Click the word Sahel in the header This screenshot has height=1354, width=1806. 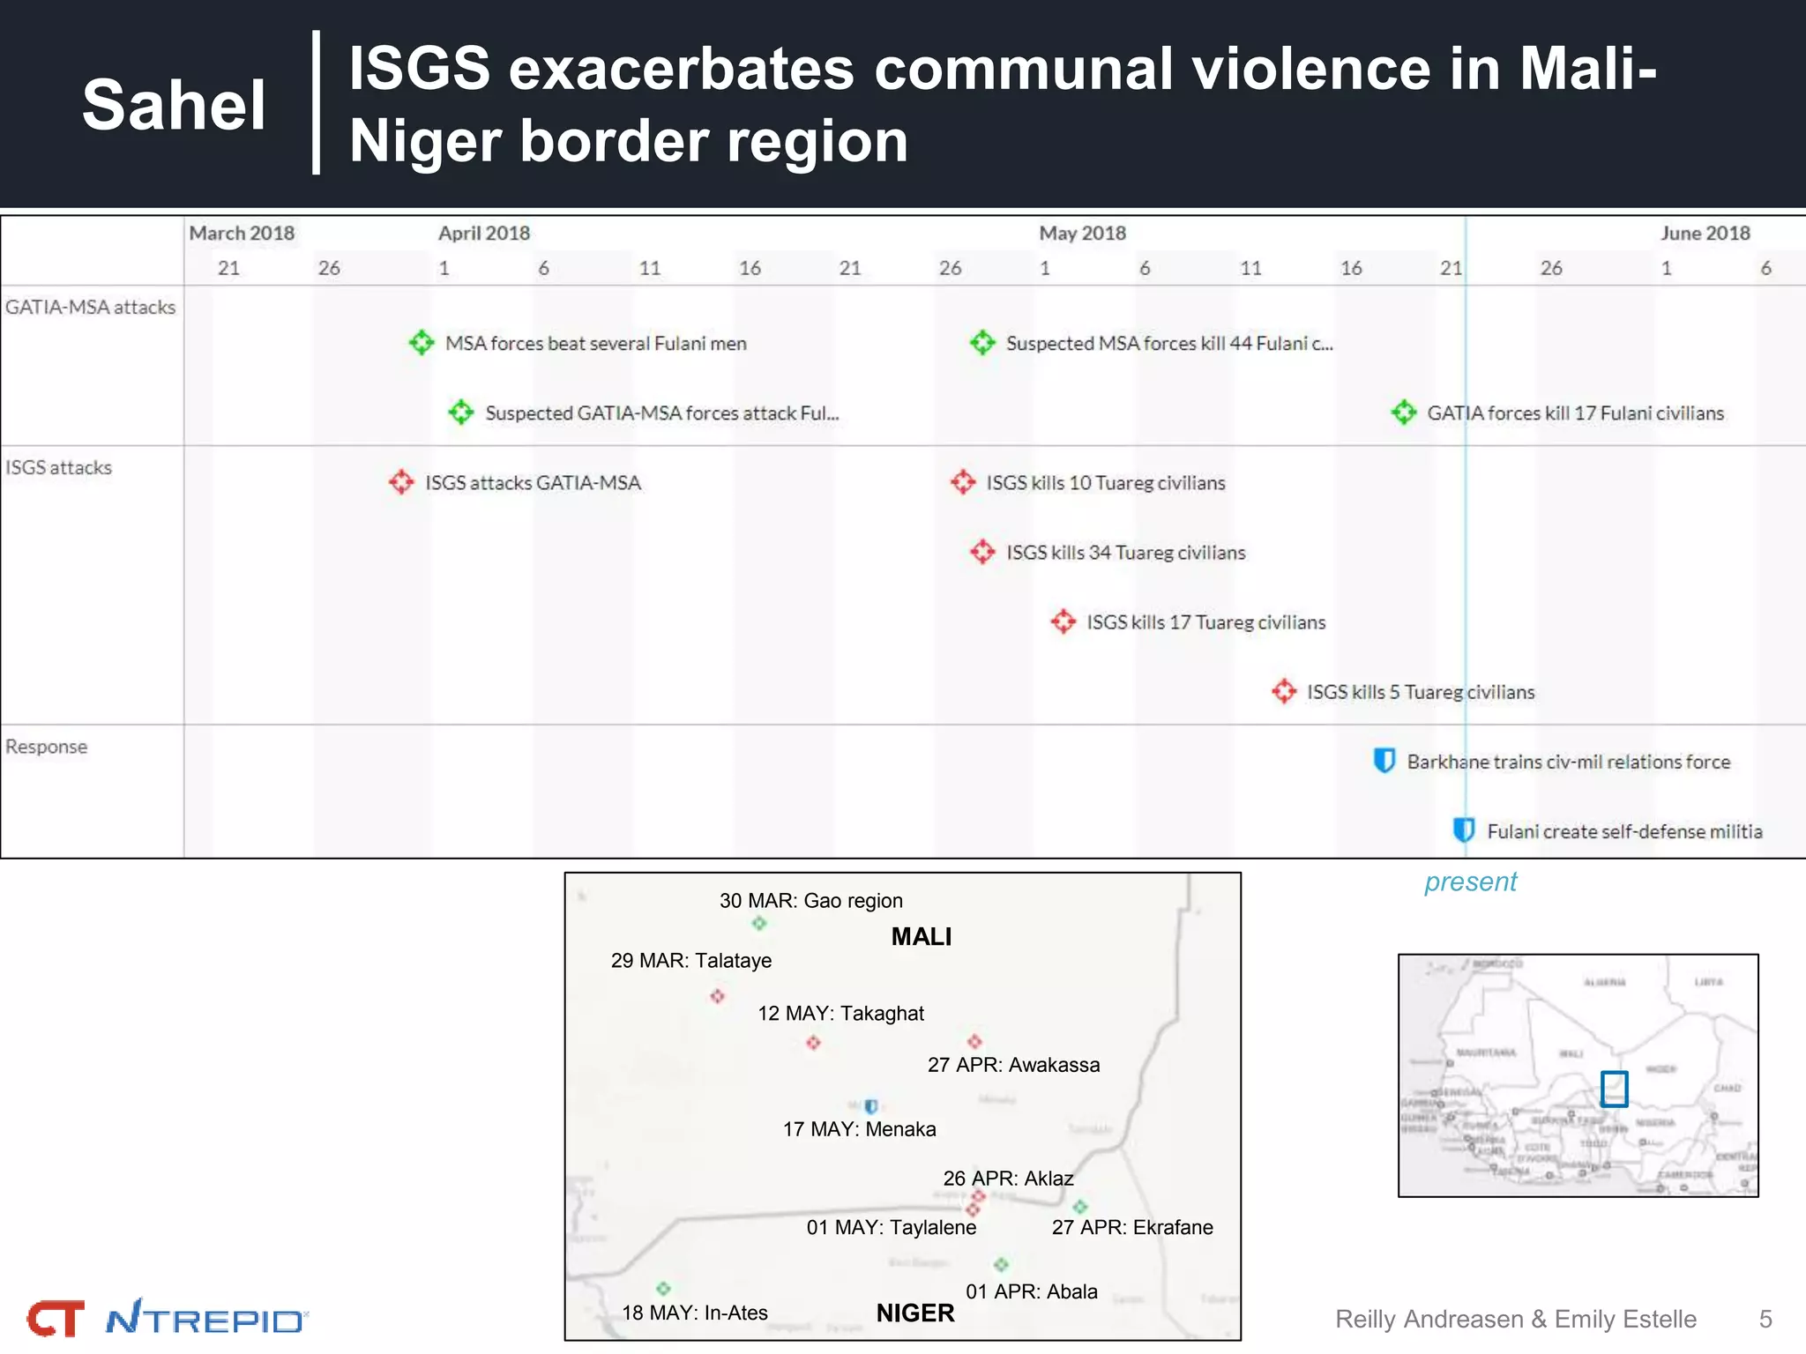point(174,105)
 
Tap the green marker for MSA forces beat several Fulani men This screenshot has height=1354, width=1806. point(422,342)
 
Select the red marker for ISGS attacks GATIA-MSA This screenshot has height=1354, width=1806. point(401,481)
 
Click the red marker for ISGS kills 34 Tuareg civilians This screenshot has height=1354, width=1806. point(982,552)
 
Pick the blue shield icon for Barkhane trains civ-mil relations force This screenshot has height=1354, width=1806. point(1384,760)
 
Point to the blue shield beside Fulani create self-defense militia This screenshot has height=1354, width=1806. point(1464,830)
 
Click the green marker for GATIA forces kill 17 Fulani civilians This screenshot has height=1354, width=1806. point(1404,412)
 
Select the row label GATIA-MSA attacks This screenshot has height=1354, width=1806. point(91,307)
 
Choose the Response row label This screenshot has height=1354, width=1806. point(47,747)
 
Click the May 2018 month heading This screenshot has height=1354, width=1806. point(1082,233)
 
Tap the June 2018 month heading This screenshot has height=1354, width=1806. point(1705,233)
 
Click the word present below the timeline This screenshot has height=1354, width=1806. point(1470,882)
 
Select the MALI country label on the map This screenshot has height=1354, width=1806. point(921,936)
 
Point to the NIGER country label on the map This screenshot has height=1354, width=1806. point(914,1313)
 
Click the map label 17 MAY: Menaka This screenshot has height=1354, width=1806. point(859,1129)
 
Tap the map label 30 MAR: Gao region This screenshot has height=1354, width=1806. point(810,900)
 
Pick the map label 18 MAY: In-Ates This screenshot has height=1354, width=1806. point(694,1313)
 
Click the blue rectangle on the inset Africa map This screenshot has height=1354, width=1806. point(1614,1089)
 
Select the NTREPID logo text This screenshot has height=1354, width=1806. point(205,1320)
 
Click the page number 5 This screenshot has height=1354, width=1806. point(1765,1319)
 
